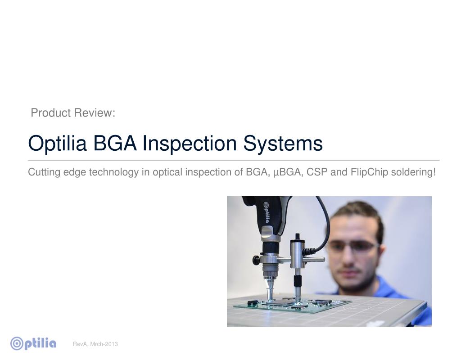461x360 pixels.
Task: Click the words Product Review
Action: (73, 113)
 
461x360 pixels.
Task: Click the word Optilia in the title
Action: (58, 144)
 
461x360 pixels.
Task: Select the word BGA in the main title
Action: (115, 144)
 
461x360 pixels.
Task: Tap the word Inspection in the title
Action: (190, 144)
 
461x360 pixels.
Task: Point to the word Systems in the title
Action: (283, 144)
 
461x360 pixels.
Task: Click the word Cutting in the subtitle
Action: (44, 172)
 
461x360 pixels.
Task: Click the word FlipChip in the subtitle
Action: (369, 172)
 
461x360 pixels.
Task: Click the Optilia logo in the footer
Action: (34, 344)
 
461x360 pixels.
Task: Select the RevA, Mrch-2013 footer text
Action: (95, 344)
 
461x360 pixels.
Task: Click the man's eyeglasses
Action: (354, 246)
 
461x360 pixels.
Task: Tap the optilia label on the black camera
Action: (266, 211)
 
